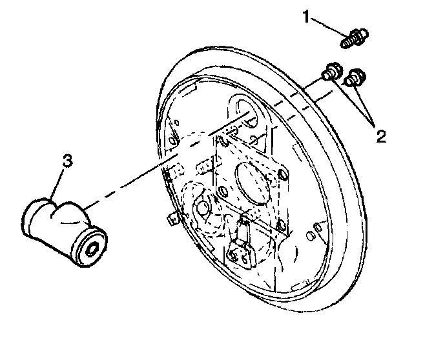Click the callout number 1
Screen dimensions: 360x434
coord(306,17)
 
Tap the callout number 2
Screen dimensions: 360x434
coord(381,136)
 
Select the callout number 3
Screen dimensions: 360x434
coord(68,159)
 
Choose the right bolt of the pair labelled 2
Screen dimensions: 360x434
coord(354,78)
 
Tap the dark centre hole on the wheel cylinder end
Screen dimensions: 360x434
coord(90,247)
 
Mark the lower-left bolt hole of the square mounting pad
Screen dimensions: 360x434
coord(223,191)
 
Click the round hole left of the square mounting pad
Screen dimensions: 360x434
coord(201,208)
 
